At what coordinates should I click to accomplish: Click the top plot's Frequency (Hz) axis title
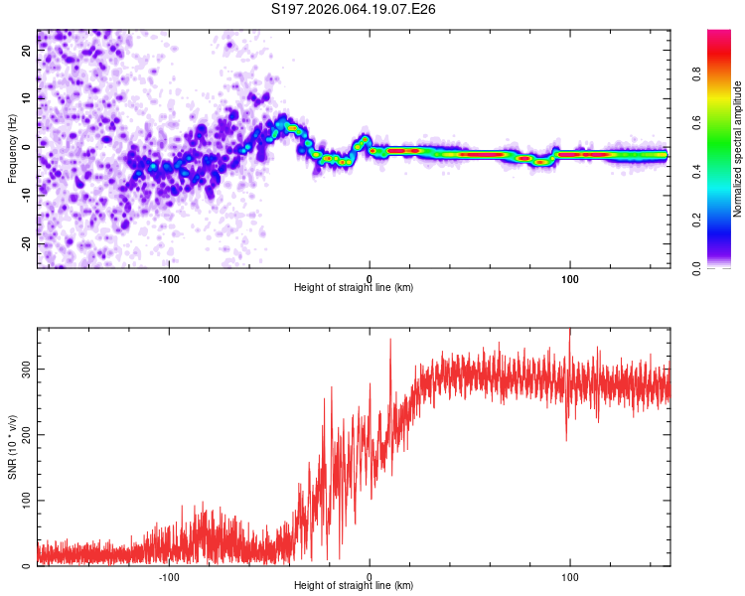(13, 149)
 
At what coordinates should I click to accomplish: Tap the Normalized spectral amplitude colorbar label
(737, 149)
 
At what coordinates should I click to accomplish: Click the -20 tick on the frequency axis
(25, 243)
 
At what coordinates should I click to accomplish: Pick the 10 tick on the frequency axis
(27, 98)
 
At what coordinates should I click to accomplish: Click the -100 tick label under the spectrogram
(168, 279)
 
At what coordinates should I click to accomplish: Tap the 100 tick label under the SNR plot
(570, 576)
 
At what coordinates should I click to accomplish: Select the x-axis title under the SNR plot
(354, 586)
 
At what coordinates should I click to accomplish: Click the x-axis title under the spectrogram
(354, 288)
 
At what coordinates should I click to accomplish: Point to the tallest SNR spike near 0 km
(390, 340)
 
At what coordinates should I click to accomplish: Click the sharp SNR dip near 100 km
(566, 439)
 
